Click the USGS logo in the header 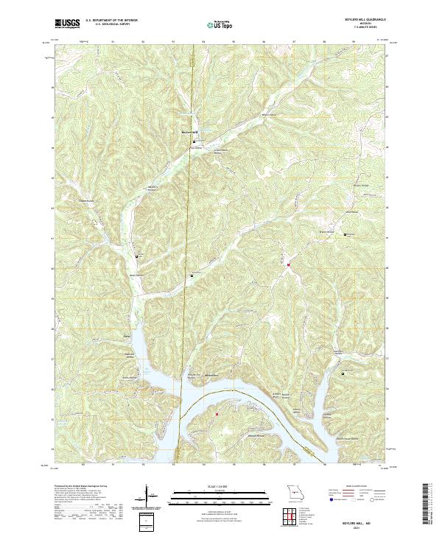click(x=67, y=24)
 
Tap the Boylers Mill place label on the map click(x=190, y=133)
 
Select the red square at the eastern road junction click(x=289, y=264)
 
